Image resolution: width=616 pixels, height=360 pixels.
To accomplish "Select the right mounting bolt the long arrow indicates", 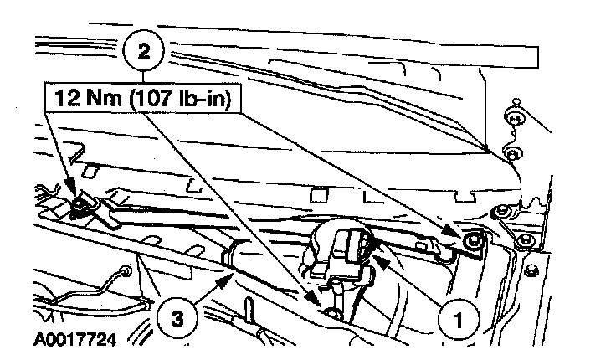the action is pos(474,240).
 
